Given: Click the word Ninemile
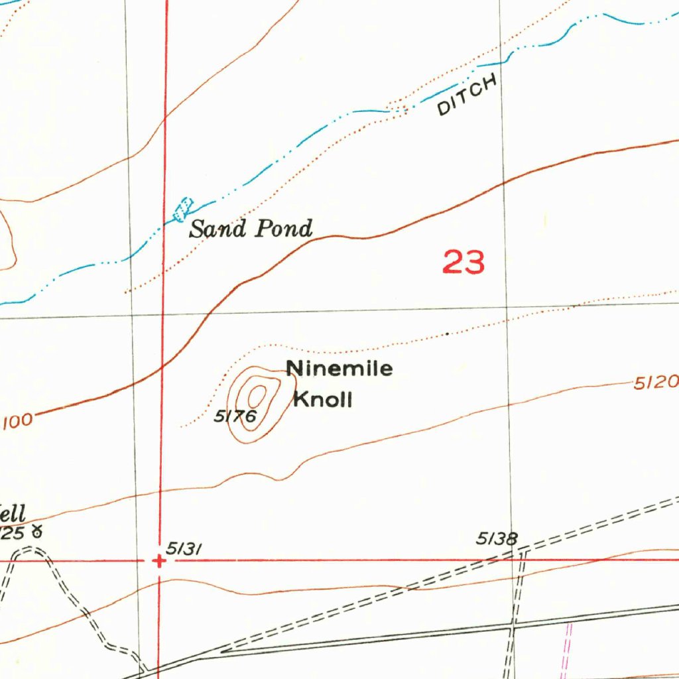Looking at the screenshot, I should (339, 369).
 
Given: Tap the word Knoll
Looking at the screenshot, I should (322, 400).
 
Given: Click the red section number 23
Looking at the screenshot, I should (463, 263).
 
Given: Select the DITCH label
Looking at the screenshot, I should (467, 97).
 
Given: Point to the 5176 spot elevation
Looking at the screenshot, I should (234, 416).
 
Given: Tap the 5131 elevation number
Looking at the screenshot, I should (184, 548).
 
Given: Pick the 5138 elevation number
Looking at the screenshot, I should (497, 538).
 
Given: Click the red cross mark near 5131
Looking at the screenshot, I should (159, 561).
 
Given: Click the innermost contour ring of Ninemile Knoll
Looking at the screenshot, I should (256, 397).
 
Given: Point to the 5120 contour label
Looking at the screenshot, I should (656, 383).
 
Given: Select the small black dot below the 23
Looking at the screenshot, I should (448, 334).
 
